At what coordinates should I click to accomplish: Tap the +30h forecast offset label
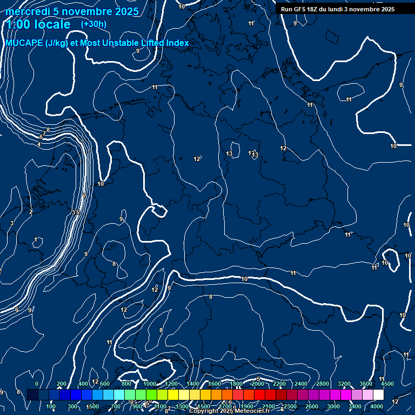pos(93,24)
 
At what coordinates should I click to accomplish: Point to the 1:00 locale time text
pos(39,24)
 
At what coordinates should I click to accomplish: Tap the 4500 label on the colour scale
pos(387,384)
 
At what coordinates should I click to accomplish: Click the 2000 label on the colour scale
pos(258,384)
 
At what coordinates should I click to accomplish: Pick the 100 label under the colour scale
pos(51,406)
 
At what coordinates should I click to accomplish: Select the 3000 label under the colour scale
pos(333,406)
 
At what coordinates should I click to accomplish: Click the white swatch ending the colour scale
pos(378,395)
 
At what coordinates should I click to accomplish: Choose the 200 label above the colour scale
pos(62,384)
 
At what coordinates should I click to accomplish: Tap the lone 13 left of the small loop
pos(229,154)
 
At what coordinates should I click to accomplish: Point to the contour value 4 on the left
pos(39,145)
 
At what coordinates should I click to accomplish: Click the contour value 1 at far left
pos(36,239)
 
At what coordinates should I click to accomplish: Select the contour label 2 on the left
pos(31,212)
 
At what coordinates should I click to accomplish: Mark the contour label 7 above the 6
pos(44,133)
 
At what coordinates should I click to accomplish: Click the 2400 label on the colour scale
pos(301,384)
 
